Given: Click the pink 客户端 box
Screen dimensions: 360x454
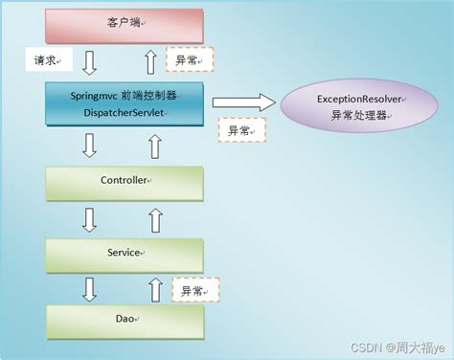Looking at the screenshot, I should (124, 25).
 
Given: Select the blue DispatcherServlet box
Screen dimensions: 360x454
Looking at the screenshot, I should (124, 103).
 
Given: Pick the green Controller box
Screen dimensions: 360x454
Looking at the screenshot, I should (124, 181).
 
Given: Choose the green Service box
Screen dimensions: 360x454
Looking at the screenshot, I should (124, 253).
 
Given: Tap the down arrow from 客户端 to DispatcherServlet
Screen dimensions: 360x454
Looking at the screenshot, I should (90, 63).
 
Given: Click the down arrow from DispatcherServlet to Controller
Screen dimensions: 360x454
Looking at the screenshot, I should (90, 146).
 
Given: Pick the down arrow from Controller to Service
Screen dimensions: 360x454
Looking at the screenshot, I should (90, 219).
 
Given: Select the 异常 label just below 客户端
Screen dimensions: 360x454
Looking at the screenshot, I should (189, 59).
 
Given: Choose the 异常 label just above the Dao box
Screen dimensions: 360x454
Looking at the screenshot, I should (195, 290).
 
